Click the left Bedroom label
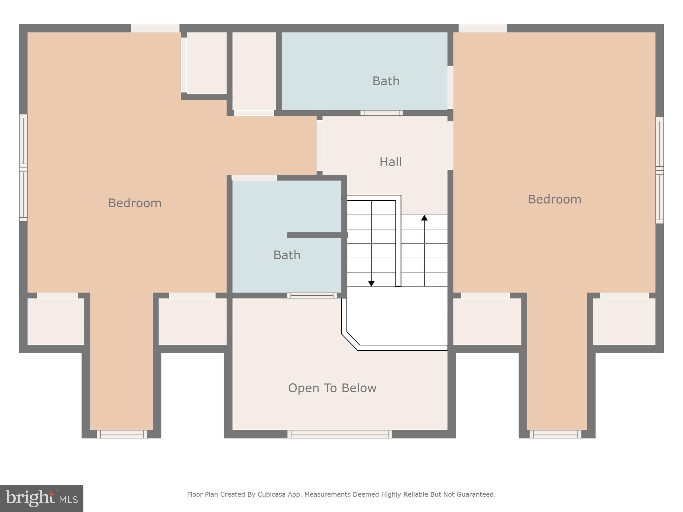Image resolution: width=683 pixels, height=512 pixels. [135, 203]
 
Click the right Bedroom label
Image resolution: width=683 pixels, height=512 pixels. [554, 199]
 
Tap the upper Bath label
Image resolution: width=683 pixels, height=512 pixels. [386, 81]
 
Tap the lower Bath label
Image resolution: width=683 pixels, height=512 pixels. [287, 255]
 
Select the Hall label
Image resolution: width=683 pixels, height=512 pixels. [391, 162]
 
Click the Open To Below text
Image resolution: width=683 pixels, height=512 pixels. [332, 388]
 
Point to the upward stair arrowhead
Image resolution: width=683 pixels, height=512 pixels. [424, 218]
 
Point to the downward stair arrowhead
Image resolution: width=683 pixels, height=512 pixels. [371, 283]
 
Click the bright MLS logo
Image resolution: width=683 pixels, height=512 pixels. [42, 498]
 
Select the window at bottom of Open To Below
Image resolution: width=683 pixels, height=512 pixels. [339, 434]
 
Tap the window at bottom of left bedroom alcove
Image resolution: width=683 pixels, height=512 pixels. [122, 434]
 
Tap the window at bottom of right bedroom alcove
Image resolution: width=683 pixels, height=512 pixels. [555, 434]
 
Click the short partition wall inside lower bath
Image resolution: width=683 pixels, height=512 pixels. [317, 235]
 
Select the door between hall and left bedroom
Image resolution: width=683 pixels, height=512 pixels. [319, 145]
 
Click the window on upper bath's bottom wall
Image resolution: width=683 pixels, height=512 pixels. [382, 113]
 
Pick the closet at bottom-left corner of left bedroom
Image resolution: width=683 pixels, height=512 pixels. [56, 321]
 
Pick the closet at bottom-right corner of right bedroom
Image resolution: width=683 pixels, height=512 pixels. [624, 321]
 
